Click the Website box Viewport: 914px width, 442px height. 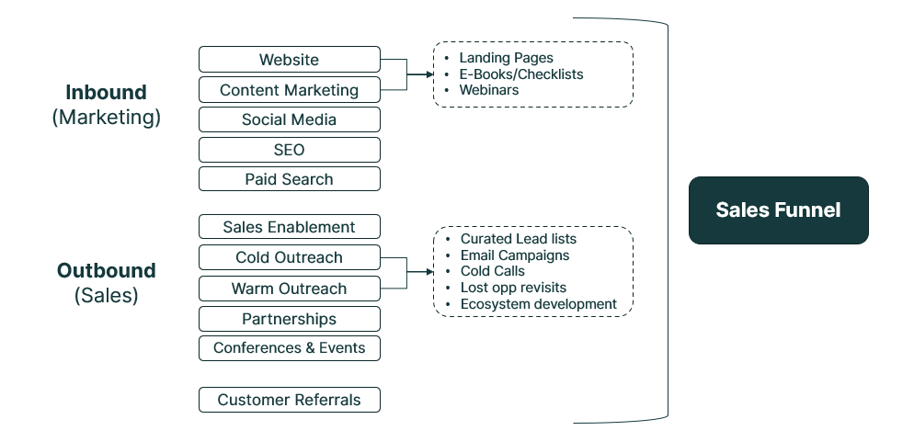point(289,60)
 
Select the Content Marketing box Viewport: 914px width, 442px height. point(289,90)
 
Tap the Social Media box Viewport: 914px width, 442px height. point(289,119)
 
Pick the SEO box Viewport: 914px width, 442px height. point(289,150)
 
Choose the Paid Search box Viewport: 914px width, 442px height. point(289,179)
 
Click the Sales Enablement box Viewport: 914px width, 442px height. point(289,227)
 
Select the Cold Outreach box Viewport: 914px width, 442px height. point(289,257)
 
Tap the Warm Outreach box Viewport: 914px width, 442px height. point(289,289)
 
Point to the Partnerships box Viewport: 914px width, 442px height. point(289,319)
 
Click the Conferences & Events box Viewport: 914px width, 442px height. point(289,348)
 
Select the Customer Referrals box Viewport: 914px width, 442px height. point(289,400)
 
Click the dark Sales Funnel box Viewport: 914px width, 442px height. point(778,210)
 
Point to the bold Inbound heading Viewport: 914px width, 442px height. point(106,93)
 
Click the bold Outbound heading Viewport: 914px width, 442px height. point(106,271)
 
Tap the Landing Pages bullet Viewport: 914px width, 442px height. point(506,58)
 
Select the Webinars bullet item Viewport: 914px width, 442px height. point(488,90)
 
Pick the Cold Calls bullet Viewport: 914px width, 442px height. point(492,271)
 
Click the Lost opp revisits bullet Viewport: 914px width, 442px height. point(513,288)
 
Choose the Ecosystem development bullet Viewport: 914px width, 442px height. point(538,304)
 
